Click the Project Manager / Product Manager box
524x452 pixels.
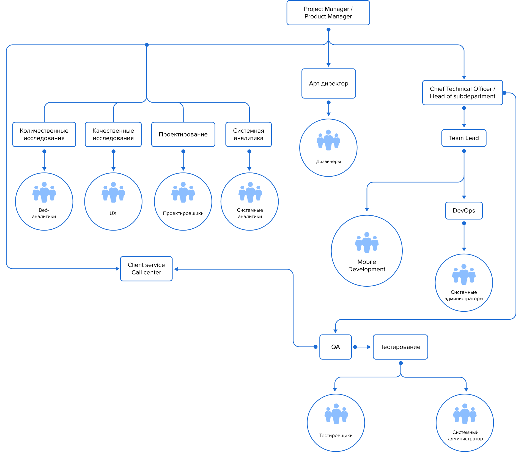(328, 13)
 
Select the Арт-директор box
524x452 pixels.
(328, 84)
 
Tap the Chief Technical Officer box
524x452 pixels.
(462, 93)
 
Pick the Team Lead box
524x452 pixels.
(464, 138)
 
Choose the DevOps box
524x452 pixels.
(464, 211)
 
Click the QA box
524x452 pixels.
(335, 347)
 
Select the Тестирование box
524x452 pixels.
(400, 347)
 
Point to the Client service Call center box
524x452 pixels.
(146, 269)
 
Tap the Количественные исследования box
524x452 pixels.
(44, 135)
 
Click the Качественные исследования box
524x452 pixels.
(113, 135)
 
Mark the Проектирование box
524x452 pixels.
(183, 135)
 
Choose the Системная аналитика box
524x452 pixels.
(248, 135)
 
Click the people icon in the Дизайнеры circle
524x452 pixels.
(328, 140)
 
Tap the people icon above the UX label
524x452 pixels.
(113, 192)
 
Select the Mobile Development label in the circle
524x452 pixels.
(367, 265)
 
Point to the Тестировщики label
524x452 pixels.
(336, 435)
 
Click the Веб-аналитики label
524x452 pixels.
(44, 213)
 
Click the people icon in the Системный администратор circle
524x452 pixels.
(465, 413)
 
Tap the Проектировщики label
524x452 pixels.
(183, 213)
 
